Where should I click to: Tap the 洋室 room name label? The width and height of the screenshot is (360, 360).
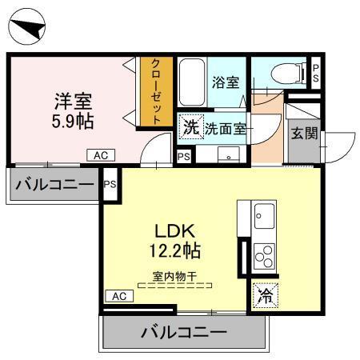(x=72, y=102)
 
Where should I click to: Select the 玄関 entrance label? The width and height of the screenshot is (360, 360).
(x=305, y=133)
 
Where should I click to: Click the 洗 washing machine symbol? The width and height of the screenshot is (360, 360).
(x=190, y=126)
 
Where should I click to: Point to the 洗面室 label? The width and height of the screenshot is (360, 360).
(x=227, y=126)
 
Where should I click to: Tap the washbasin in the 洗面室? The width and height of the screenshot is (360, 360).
(x=230, y=155)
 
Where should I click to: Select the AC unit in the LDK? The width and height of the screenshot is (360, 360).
(x=118, y=296)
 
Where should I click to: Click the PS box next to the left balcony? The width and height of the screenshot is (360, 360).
(x=110, y=185)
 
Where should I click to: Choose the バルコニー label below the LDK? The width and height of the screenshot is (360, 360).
(x=183, y=331)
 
